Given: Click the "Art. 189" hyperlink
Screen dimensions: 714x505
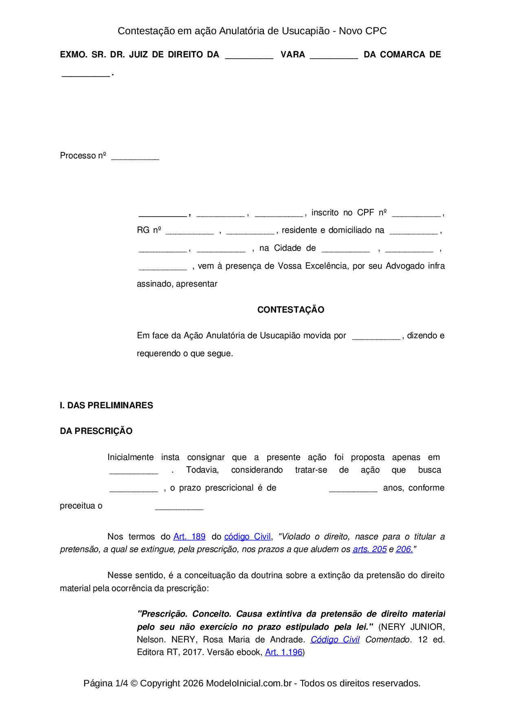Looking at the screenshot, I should [x=189, y=537].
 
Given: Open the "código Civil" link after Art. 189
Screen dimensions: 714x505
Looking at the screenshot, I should [x=247, y=537].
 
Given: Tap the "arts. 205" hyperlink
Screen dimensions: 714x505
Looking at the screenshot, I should [x=369, y=549].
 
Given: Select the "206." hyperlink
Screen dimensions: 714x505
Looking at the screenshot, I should [x=404, y=549].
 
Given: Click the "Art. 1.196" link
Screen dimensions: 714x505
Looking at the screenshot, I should [x=283, y=652].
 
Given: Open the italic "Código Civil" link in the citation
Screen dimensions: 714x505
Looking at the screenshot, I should [x=335, y=640].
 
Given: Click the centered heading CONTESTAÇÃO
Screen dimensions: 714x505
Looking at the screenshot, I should [x=291, y=310].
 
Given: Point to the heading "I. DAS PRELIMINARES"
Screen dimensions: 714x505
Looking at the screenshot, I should [x=106, y=405].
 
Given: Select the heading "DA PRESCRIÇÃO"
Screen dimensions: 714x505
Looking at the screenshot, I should [x=96, y=431].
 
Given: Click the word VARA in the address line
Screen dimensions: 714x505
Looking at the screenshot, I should [x=293, y=55].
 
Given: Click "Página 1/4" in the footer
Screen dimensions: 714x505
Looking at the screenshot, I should [x=105, y=683].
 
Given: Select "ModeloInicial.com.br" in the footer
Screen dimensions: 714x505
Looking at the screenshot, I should [x=249, y=683].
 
